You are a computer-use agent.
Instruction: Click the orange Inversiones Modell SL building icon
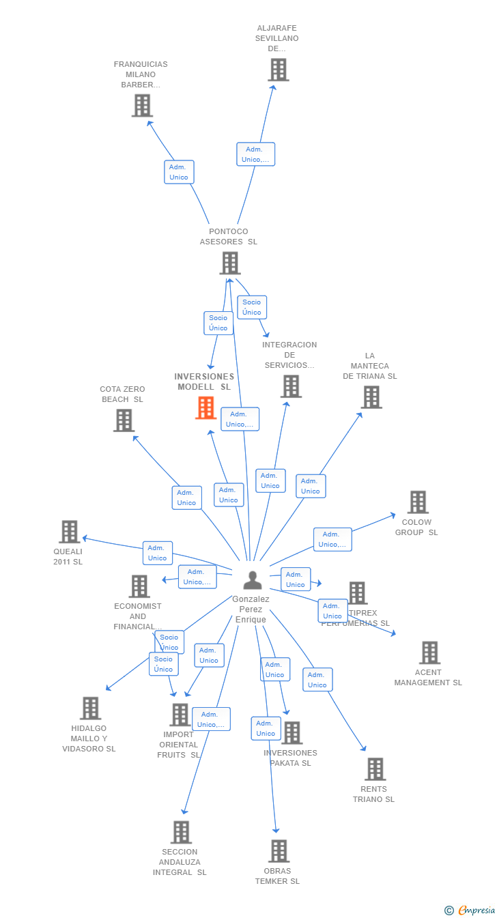click(x=205, y=408)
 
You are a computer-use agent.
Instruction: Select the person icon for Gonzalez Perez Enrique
click(x=253, y=580)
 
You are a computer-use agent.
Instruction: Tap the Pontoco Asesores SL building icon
click(x=230, y=263)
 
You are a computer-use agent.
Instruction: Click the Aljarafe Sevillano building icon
click(x=278, y=70)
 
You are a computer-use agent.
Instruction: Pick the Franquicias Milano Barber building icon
click(x=142, y=106)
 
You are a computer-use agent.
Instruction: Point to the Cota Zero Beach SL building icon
click(x=124, y=420)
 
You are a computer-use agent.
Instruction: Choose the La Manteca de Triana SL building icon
click(x=371, y=397)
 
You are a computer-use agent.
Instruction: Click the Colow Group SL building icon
click(x=417, y=502)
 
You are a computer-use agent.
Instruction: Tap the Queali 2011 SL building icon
click(x=69, y=532)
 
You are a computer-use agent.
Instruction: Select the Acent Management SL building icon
click(x=429, y=652)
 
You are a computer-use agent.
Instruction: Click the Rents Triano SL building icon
click(x=375, y=769)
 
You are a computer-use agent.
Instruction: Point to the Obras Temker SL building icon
click(x=279, y=851)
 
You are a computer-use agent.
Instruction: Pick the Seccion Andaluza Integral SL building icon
click(x=181, y=832)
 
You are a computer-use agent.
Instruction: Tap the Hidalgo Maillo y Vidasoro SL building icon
click(x=90, y=708)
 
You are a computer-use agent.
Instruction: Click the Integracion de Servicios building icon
click(x=291, y=386)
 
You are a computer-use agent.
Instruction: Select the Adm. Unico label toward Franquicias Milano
click(x=179, y=172)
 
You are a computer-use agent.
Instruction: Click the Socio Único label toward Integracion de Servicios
click(x=251, y=307)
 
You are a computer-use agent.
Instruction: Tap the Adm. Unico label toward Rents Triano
click(x=317, y=680)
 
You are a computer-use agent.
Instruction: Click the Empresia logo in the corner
click(x=470, y=910)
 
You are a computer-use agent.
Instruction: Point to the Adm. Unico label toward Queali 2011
click(x=157, y=553)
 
